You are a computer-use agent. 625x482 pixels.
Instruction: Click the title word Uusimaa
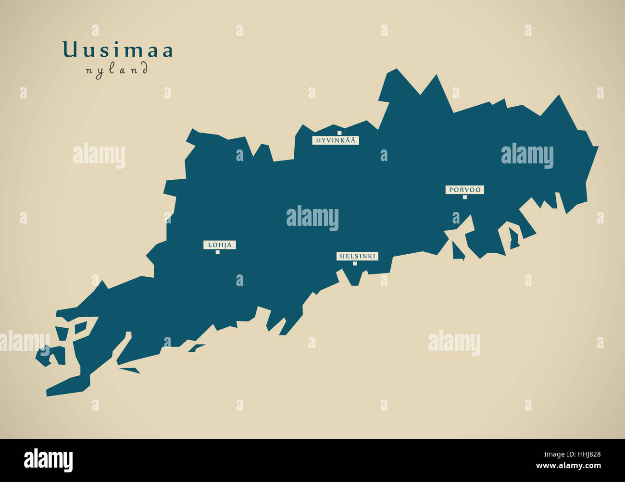point(118,50)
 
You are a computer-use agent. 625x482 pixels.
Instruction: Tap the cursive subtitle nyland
point(117,71)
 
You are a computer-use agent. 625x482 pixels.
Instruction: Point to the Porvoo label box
point(464,190)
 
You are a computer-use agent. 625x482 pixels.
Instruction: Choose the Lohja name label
point(220,245)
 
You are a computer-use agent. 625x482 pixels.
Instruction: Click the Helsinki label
point(357,256)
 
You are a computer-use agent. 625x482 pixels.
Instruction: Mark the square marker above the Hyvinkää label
point(339,133)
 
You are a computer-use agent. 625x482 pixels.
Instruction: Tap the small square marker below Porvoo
point(464,197)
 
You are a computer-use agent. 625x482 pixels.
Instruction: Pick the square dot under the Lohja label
point(217,252)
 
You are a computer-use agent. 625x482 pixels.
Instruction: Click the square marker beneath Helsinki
point(355,263)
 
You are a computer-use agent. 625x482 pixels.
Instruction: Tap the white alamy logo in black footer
point(48,460)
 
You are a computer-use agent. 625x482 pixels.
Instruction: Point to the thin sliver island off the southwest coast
point(129,370)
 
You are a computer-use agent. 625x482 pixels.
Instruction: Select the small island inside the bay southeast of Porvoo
point(514,239)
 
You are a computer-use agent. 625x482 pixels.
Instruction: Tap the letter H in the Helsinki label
point(342,257)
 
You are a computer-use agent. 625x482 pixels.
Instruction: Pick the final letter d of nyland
point(144,69)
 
